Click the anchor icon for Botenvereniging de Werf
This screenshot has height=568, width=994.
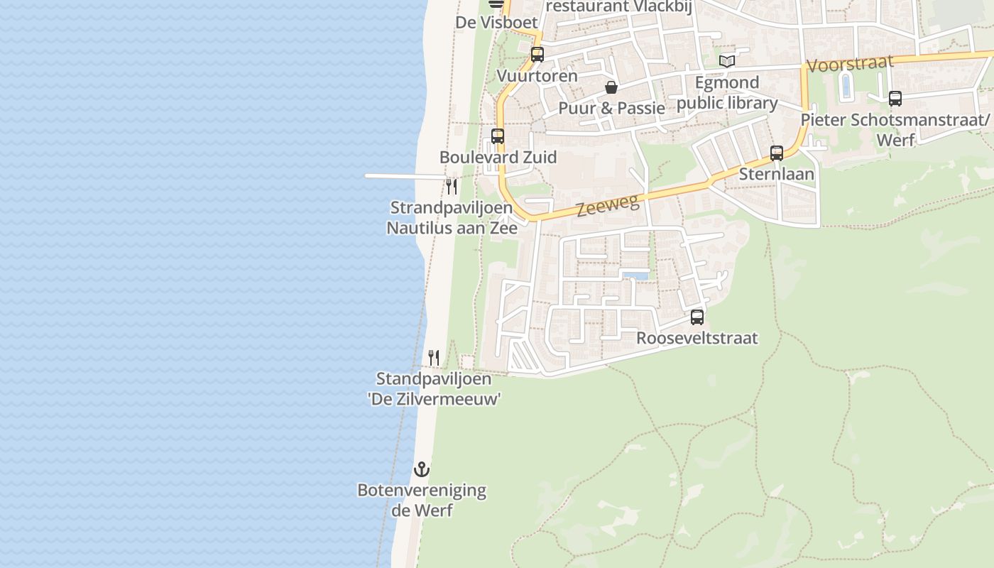[x=422, y=469]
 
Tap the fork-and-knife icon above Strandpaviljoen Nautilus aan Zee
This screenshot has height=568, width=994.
[x=451, y=186]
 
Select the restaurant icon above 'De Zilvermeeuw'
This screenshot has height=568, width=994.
[x=434, y=357]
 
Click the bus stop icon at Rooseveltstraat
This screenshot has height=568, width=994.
[x=697, y=317]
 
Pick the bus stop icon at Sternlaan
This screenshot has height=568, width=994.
[x=777, y=153]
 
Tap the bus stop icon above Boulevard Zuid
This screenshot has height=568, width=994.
[x=498, y=136]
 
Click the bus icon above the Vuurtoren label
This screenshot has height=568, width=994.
[x=537, y=55]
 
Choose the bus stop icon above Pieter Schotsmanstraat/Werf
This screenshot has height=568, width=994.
[x=895, y=99]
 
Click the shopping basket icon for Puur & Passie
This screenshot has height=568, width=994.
[x=611, y=87]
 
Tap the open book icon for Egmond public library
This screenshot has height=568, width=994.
[x=726, y=62]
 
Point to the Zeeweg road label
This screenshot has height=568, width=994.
[x=608, y=205]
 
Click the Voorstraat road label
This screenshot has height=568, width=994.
[x=850, y=63]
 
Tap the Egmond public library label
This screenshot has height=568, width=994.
[x=727, y=93]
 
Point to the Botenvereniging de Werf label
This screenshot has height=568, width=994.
[x=422, y=500]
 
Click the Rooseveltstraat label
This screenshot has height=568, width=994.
[x=697, y=338]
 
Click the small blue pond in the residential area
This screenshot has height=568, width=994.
[x=635, y=275]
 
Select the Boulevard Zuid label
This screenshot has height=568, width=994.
[x=498, y=157]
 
